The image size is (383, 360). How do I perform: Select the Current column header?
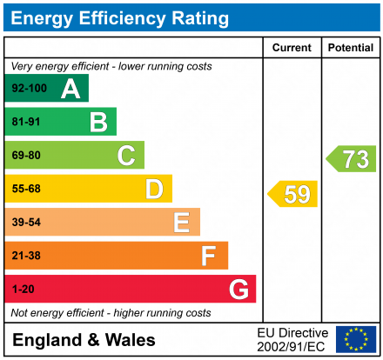point(292,48)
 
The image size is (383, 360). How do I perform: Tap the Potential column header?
point(350,48)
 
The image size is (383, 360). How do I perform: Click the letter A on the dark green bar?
point(71,89)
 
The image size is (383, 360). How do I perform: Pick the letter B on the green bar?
point(98,123)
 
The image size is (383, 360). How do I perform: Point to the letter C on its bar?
point(126,156)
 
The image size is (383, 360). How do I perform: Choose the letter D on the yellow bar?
point(154,189)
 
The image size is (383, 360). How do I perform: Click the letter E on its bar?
point(181,223)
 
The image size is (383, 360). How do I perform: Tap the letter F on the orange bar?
point(209,256)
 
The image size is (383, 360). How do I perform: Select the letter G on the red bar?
point(238,289)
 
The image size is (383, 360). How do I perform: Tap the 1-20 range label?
point(22,289)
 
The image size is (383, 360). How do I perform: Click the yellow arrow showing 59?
point(293,194)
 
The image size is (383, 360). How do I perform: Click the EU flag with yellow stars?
point(356,339)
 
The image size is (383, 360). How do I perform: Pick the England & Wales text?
point(84,340)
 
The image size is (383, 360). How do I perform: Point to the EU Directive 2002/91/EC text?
point(292,339)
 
